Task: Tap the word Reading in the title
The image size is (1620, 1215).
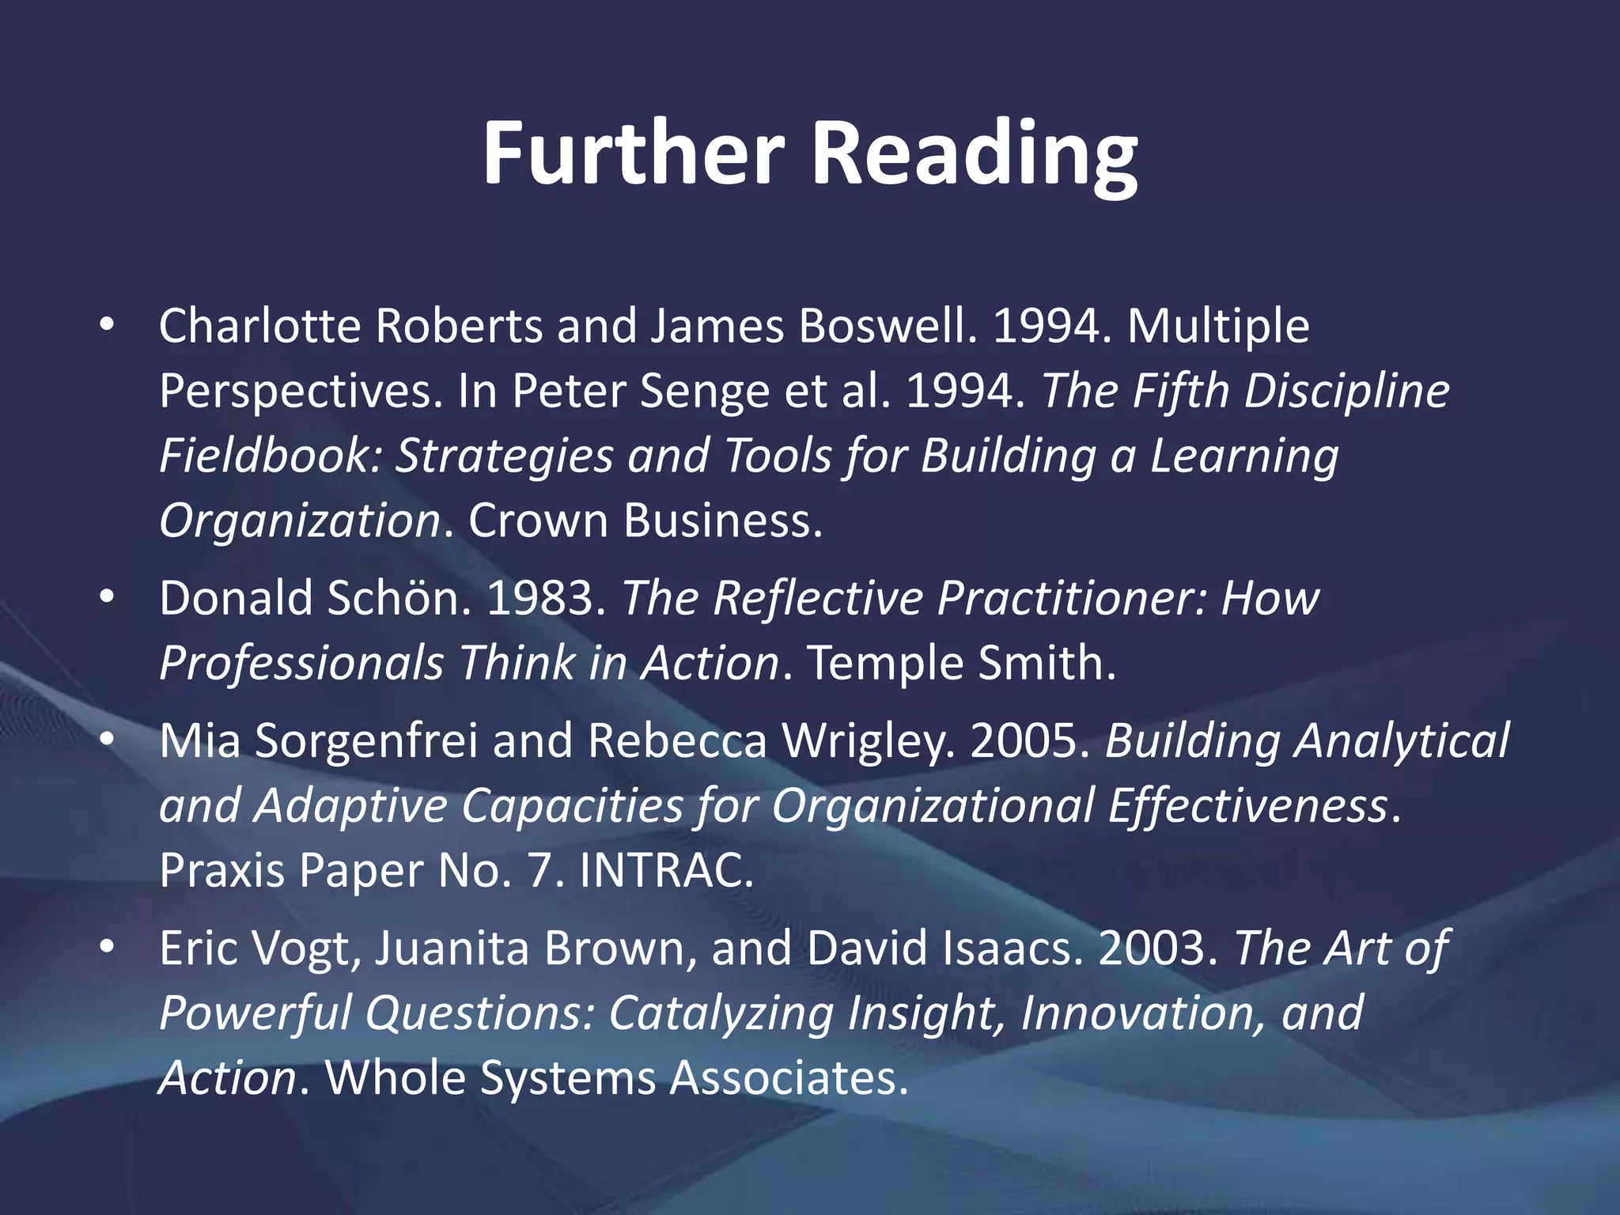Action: coord(975,154)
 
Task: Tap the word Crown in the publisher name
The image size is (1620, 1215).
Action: coord(538,521)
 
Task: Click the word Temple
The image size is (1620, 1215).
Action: coord(884,663)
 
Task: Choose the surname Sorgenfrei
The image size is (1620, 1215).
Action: coord(366,741)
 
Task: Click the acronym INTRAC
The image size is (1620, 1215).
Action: coord(666,871)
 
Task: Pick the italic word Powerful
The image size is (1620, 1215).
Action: coord(255,1013)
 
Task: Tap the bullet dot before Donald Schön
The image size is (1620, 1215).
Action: coord(108,598)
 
